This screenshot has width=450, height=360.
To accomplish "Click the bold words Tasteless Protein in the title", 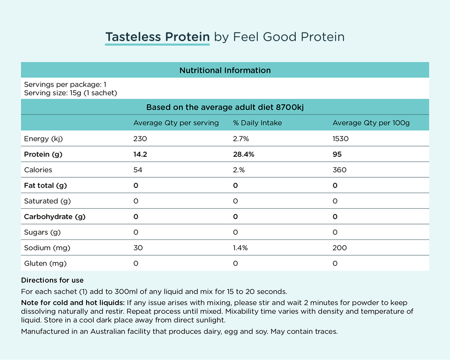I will pyautogui.click(x=157, y=37).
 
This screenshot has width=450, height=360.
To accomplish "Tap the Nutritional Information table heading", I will pyautogui.click(x=225, y=70).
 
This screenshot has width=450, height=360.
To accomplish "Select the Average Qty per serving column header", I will pyautogui.click(x=176, y=123).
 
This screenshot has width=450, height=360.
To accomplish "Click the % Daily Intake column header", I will pyautogui.click(x=257, y=123).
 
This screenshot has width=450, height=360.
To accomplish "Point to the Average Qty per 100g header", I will pyautogui.click(x=371, y=123).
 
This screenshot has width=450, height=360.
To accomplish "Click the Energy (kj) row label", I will pyautogui.click(x=43, y=139).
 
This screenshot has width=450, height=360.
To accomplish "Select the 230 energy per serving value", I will pyautogui.click(x=140, y=139).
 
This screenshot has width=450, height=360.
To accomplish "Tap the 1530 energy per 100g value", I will pyautogui.click(x=340, y=139).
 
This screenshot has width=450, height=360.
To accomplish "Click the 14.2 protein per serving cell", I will pyautogui.click(x=140, y=155).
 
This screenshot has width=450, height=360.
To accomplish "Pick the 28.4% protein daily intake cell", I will pyautogui.click(x=244, y=155).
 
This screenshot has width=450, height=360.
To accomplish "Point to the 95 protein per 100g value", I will pyautogui.click(x=337, y=155).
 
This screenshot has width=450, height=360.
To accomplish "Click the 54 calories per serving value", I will pyautogui.click(x=138, y=170).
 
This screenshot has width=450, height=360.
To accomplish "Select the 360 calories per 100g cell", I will pyautogui.click(x=339, y=170).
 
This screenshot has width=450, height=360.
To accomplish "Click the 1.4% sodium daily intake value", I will pyautogui.click(x=240, y=248).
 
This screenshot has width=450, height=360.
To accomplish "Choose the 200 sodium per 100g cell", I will pyautogui.click(x=339, y=248).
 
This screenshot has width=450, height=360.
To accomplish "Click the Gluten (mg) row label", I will pyautogui.click(x=45, y=263).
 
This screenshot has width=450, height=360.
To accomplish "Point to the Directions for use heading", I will pyautogui.click(x=52, y=280).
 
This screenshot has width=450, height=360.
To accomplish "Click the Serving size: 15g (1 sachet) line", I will pyautogui.click(x=70, y=93).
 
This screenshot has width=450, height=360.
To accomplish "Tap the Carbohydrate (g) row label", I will pyautogui.click(x=55, y=217).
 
